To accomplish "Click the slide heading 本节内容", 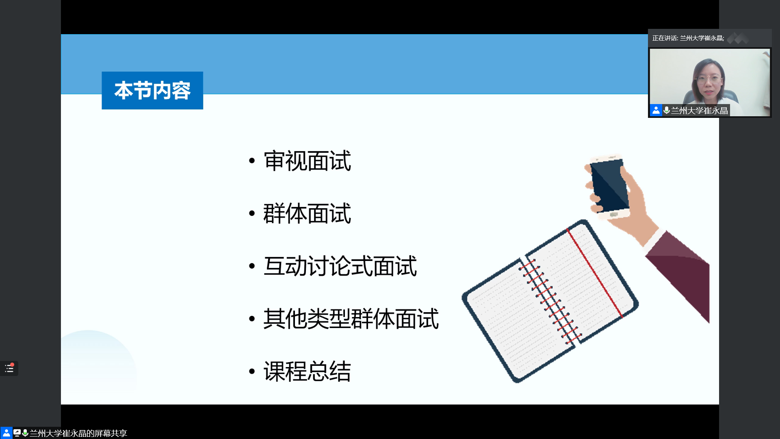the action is click(x=152, y=91).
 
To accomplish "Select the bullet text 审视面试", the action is click(x=307, y=161).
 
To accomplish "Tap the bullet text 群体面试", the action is click(x=307, y=213).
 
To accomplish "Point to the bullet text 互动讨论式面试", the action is click(x=340, y=266).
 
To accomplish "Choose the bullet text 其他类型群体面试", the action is click(x=351, y=319).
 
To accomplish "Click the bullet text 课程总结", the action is click(x=307, y=371).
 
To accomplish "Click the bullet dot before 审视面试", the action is click(x=252, y=161).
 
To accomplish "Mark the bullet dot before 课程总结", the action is click(x=252, y=371).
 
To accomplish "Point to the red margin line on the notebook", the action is click(x=595, y=273).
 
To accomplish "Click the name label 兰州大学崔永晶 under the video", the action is click(x=700, y=111).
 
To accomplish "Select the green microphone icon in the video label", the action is click(x=666, y=110).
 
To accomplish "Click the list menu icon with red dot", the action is click(x=9, y=369).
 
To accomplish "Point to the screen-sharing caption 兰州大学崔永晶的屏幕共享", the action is click(x=78, y=433).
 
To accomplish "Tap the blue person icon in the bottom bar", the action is click(x=6, y=433).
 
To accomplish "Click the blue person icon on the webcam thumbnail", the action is click(x=656, y=110).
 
